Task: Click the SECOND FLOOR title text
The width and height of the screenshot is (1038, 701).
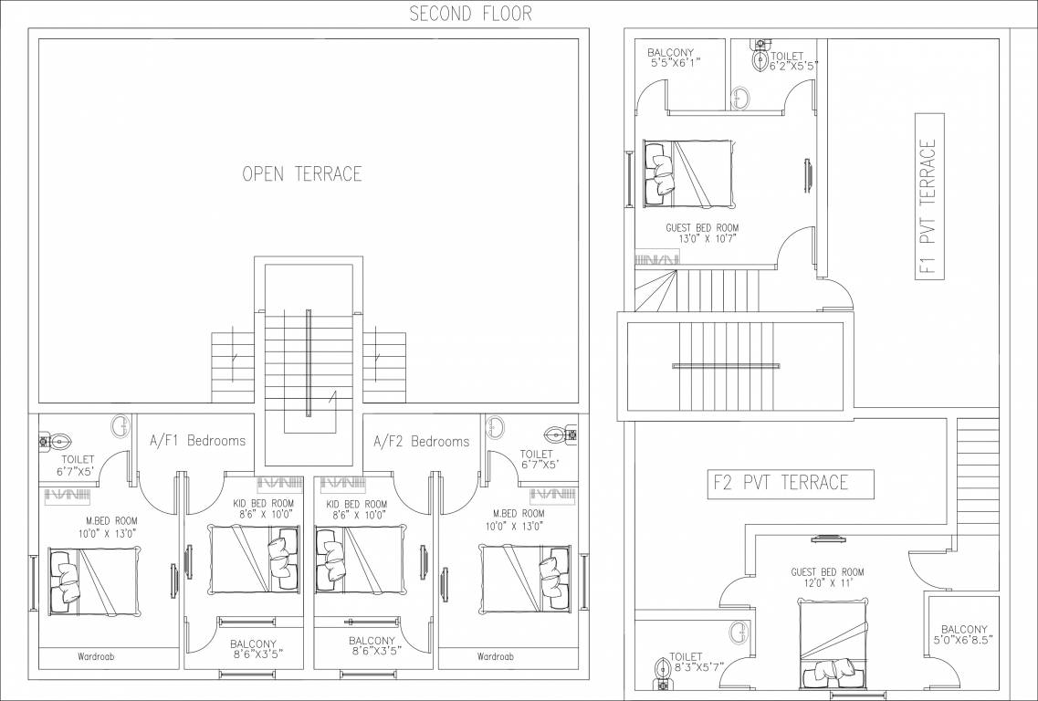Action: [x=470, y=13]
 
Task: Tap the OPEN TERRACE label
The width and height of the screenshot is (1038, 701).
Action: [x=302, y=173]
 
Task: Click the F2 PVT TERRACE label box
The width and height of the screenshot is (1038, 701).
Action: [x=780, y=483]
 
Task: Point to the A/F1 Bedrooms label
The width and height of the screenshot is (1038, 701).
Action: [x=197, y=441]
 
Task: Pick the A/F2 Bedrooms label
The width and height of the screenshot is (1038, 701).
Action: [x=422, y=441]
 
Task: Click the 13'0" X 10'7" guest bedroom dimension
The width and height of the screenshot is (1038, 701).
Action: [x=707, y=239]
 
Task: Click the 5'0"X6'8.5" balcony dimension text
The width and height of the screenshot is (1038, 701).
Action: [x=965, y=641]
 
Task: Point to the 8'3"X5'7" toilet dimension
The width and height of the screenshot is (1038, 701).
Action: [x=686, y=667]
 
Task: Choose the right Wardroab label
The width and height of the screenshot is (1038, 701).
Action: [x=495, y=656]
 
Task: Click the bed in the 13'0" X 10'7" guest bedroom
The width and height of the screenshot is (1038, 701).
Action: [x=687, y=173]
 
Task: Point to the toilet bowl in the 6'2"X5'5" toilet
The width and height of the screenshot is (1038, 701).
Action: [x=760, y=59]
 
